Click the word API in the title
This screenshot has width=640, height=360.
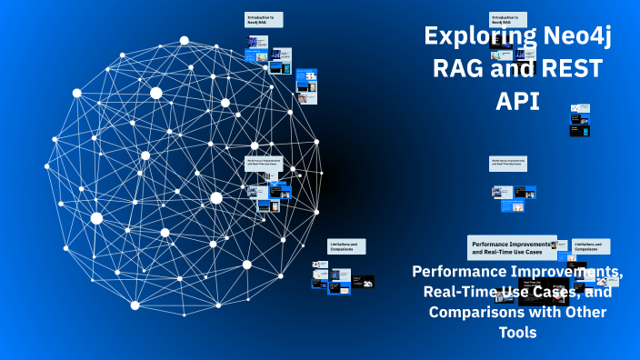(x=517, y=101)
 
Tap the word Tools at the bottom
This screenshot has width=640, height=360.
(x=517, y=333)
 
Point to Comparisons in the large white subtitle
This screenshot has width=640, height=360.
(x=475, y=313)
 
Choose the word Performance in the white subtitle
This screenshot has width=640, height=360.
(x=456, y=272)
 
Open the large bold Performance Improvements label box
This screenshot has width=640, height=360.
(x=512, y=247)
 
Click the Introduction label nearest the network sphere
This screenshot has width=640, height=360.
(x=264, y=19)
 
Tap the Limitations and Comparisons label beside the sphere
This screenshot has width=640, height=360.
(x=346, y=246)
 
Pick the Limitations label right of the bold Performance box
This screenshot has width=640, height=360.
(x=591, y=246)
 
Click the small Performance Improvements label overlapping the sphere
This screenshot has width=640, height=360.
(x=264, y=164)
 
